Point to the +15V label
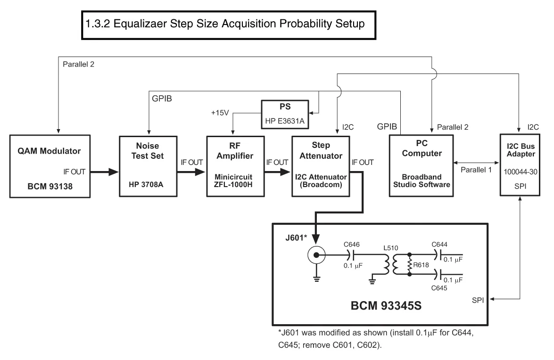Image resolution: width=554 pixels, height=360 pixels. coord(220,113)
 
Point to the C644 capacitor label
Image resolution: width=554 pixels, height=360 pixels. coord(440,245)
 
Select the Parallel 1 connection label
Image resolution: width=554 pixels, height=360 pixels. coord(476,170)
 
